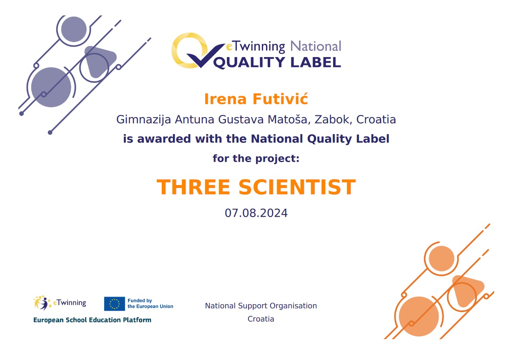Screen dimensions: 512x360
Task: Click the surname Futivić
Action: point(281,99)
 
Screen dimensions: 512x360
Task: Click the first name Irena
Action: point(226,99)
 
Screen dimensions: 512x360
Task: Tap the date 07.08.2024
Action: point(256,213)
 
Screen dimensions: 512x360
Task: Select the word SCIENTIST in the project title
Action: point(297,187)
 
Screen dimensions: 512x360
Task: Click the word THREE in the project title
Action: point(193,187)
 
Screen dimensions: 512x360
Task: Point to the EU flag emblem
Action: point(115,304)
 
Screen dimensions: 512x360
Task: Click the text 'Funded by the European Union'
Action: point(150,304)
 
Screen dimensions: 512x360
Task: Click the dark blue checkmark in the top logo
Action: point(205,55)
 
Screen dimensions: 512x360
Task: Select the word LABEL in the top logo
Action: point(316,62)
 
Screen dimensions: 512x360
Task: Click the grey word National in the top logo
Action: point(316,46)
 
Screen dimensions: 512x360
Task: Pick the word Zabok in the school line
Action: point(333,120)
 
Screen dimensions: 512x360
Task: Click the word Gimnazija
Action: point(143,120)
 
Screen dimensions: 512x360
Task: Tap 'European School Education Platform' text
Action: point(92,320)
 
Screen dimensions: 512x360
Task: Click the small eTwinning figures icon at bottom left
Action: point(42,303)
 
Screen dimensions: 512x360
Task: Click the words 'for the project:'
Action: point(256,158)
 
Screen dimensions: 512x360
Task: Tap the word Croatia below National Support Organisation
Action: point(261,319)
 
